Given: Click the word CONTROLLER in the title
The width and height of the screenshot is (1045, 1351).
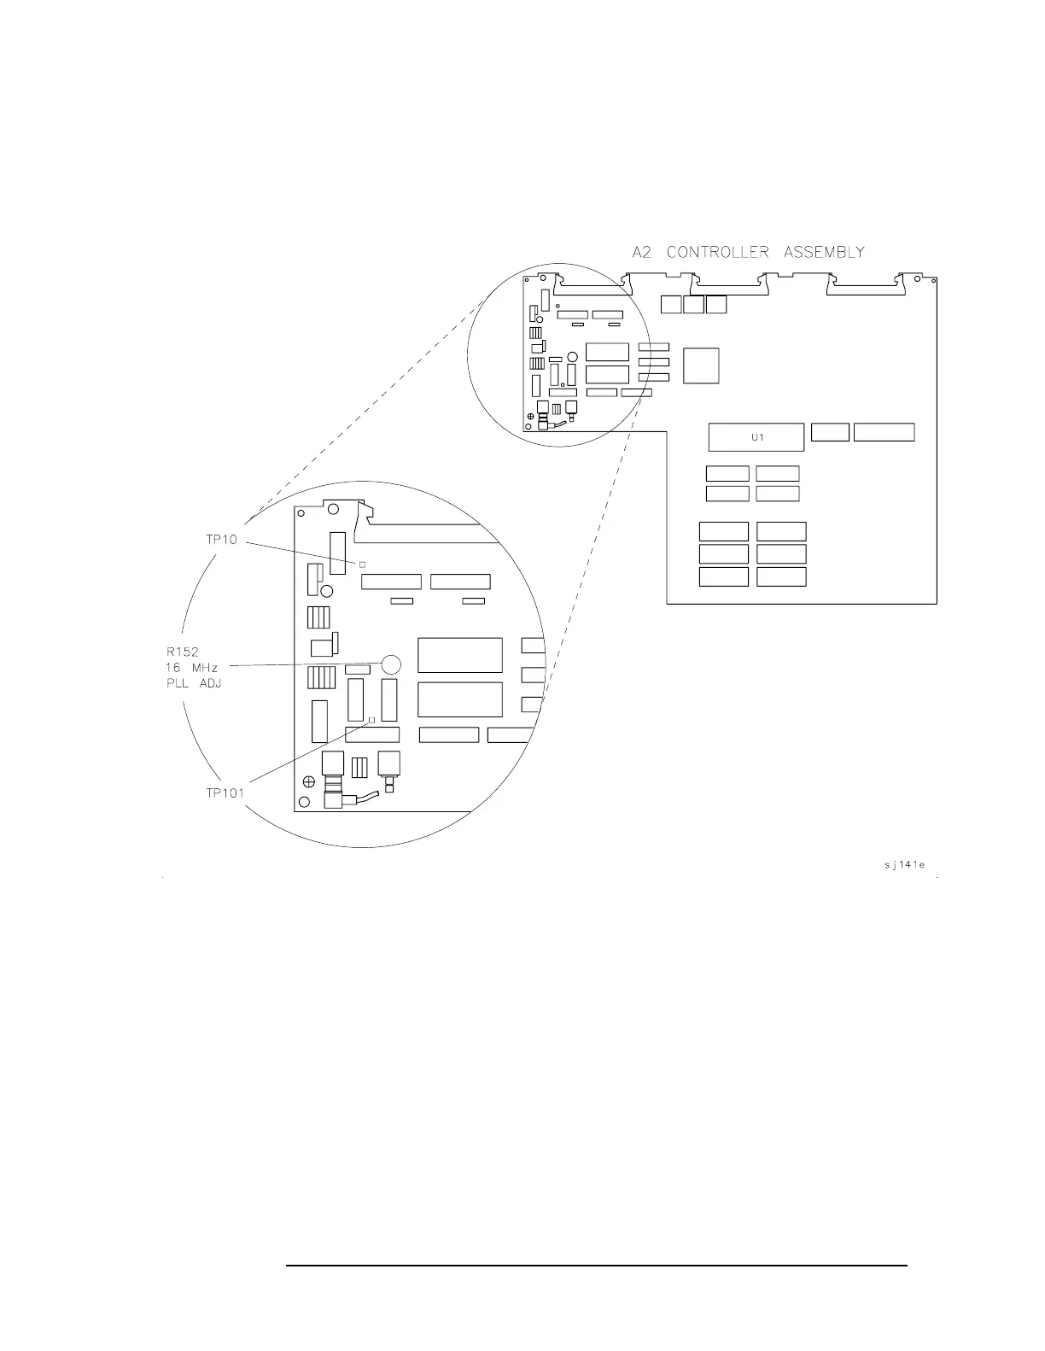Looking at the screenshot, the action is pyautogui.click(x=718, y=252).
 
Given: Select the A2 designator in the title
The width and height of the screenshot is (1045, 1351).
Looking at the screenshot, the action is pyautogui.click(x=642, y=252).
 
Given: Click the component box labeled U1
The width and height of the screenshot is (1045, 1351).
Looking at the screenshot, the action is pyautogui.click(x=756, y=437).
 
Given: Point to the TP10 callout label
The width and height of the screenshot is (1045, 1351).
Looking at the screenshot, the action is pyautogui.click(x=221, y=540).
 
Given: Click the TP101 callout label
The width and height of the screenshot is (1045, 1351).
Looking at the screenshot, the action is pyautogui.click(x=225, y=792).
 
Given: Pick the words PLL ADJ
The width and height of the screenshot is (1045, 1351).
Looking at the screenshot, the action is pyautogui.click(x=195, y=683).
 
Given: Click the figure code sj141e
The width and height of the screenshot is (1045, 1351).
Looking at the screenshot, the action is pyautogui.click(x=904, y=865).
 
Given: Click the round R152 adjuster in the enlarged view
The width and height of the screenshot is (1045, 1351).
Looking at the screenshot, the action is pyautogui.click(x=391, y=664).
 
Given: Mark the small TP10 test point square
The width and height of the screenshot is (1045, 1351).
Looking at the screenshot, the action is pyautogui.click(x=362, y=564).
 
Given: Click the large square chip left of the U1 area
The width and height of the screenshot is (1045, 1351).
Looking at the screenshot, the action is pyautogui.click(x=701, y=366).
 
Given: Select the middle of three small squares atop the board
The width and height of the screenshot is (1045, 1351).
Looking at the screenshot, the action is pyautogui.click(x=693, y=304).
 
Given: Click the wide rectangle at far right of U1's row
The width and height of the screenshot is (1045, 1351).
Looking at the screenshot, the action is pyautogui.click(x=884, y=432).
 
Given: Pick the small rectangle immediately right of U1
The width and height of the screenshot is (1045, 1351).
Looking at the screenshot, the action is pyautogui.click(x=830, y=432).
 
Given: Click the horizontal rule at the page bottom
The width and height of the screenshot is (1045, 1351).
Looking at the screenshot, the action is pyautogui.click(x=596, y=1266).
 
